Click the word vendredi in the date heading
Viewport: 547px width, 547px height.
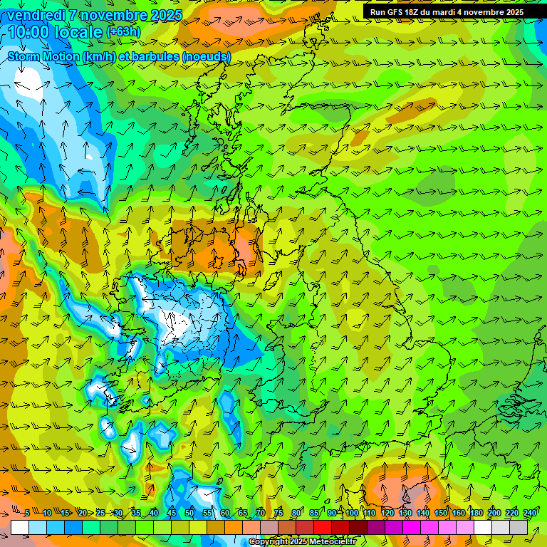click(35, 14)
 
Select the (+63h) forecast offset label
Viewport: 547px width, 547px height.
click(123, 32)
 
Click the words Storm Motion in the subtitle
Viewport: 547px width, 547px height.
click(43, 56)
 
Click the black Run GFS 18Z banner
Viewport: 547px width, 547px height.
click(447, 12)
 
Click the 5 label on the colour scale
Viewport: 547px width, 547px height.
click(26, 514)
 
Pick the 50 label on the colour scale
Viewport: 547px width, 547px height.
click(189, 514)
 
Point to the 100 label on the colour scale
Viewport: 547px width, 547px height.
click(352, 514)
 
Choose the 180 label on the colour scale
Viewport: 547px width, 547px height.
click(476, 514)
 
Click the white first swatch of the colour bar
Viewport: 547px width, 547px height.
click(20, 527)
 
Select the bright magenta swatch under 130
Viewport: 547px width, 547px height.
click(412, 527)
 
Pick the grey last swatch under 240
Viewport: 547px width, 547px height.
click(519, 527)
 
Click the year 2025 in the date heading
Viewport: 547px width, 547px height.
click(166, 14)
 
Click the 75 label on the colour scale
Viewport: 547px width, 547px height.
click(278, 514)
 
